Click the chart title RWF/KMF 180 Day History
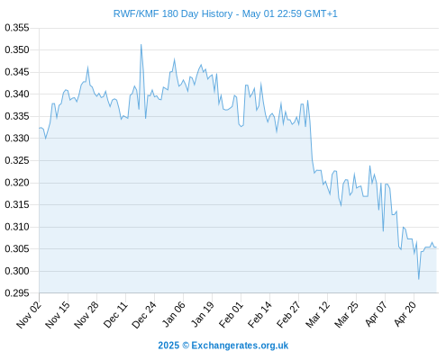click(x=173, y=14)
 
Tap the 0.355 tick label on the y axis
click(x=17, y=28)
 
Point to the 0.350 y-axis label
click(x=17, y=49)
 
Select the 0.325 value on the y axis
click(x=17, y=160)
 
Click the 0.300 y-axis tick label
click(x=17, y=271)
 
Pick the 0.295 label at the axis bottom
click(x=17, y=293)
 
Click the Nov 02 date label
click(x=29, y=314)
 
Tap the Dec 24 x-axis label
click(x=144, y=314)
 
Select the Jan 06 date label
click(x=173, y=314)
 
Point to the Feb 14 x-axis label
click(x=259, y=314)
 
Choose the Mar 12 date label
click(x=317, y=314)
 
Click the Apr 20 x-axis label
click(x=405, y=314)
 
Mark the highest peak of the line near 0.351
click(x=141, y=45)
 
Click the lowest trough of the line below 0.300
click(x=419, y=279)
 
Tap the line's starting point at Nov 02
click(x=40, y=128)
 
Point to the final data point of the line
click(x=436, y=247)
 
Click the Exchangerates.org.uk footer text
click(x=240, y=346)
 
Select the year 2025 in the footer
click(x=168, y=346)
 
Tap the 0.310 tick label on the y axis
click(x=17, y=227)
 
